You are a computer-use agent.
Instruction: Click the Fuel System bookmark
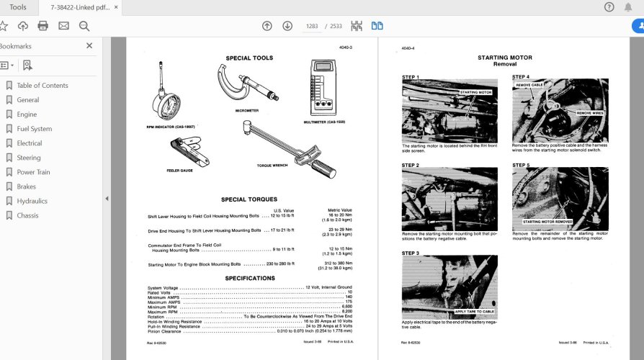[34, 129]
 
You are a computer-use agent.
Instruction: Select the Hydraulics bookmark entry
[32, 201]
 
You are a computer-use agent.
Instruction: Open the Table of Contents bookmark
[42, 85]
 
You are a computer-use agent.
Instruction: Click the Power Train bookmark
[33, 172]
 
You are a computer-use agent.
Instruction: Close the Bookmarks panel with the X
[89, 45]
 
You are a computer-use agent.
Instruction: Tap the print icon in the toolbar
[43, 26]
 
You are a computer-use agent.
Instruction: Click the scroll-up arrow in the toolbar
[267, 26]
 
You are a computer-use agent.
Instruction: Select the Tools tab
[18, 7]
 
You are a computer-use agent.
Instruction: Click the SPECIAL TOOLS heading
[249, 58]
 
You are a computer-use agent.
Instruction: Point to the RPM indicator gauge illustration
[160, 94]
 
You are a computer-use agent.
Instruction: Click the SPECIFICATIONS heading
[249, 278]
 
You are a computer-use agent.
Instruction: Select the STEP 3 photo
[449, 287]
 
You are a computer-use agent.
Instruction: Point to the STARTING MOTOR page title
[504, 57]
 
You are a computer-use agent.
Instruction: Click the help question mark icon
[609, 7]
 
